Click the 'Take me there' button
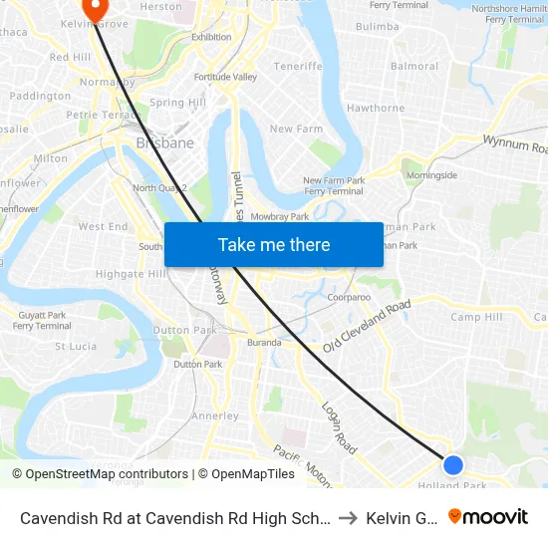pyautogui.click(x=274, y=245)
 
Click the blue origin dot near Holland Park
pyautogui.click(x=452, y=464)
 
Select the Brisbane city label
pyautogui.click(x=164, y=142)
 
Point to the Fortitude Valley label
pyautogui.click(x=225, y=77)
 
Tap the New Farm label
pyautogui.click(x=296, y=129)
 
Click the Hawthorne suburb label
pyautogui.click(x=375, y=108)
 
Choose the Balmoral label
pyautogui.click(x=414, y=67)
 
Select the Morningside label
pyautogui.click(x=431, y=175)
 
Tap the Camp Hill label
pyautogui.click(x=476, y=317)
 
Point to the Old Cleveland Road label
pyautogui.click(x=366, y=326)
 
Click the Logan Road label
pyautogui.click(x=338, y=427)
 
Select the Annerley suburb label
pyautogui.click(x=214, y=415)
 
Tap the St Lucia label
pyautogui.click(x=75, y=347)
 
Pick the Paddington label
pyautogui.click(x=40, y=96)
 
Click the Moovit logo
pyautogui.click(x=488, y=517)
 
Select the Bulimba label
pyautogui.click(x=377, y=27)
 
